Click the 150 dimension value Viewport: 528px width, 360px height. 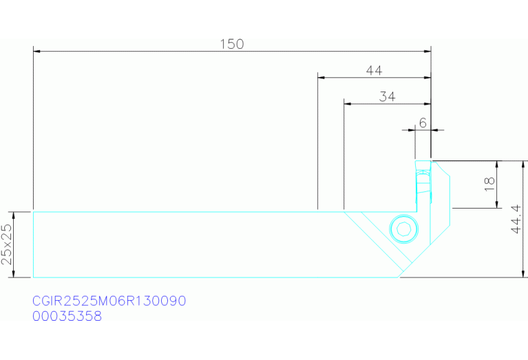(232, 44)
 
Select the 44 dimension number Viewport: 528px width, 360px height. (374, 70)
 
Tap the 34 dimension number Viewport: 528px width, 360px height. (387, 96)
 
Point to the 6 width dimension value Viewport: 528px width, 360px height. (423, 123)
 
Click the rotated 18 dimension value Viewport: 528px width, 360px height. (489, 184)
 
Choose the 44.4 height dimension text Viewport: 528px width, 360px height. (516, 219)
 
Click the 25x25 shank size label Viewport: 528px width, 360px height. (7, 244)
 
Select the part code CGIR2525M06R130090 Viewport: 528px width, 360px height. (109, 301)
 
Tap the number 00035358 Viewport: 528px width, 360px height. (67, 316)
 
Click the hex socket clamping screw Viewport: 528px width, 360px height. (403, 229)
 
